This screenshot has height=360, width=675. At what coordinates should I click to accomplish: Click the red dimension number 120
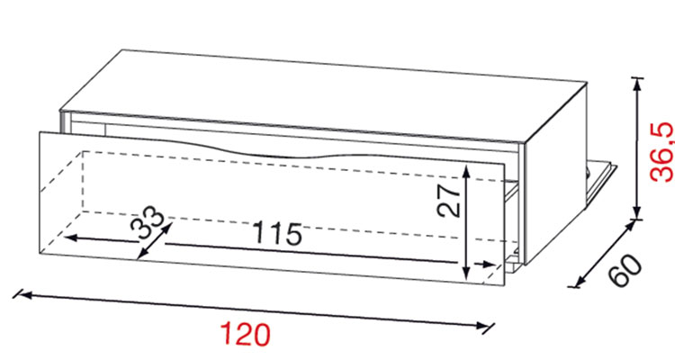pyautogui.click(x=245, y=334)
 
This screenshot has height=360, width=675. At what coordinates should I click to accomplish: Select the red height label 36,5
pyautogui.click(x=661, y=151)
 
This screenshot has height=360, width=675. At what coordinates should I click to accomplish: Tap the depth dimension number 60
pyautogui.click(x=626, y=270)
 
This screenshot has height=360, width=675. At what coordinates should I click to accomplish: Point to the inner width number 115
pyautogui.click(x=277, y=233)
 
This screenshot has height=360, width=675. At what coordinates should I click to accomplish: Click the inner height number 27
pyautogui.click(x=448, y=201)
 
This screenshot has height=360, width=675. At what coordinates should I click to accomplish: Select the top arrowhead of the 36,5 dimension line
pyautogui.click(x=637, y=85)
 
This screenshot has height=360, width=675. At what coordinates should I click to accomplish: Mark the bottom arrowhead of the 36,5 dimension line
pyautogui.click(x=637, y=212)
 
